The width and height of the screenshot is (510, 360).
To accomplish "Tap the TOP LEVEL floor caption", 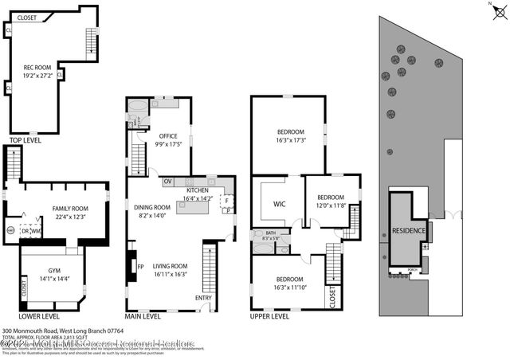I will (25, 141).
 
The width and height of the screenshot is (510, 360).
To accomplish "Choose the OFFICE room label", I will (167, 136).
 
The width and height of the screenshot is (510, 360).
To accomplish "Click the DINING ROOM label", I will (155, 208).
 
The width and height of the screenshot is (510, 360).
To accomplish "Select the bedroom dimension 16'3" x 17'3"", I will (290, 139).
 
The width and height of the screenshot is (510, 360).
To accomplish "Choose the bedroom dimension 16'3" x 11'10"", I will (290, 287).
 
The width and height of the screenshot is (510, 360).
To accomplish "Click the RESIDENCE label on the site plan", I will (409, 231).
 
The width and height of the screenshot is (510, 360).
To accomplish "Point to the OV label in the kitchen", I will (168, 181).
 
